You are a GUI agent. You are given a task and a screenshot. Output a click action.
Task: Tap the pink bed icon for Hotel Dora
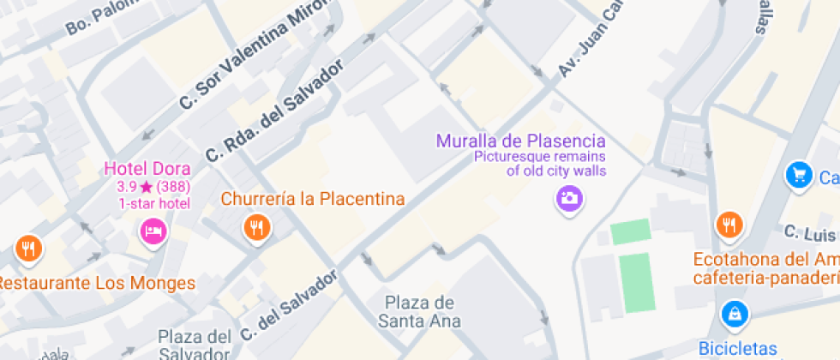(x=153, y=230)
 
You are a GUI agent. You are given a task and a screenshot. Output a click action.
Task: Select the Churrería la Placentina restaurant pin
(x=256, y=227)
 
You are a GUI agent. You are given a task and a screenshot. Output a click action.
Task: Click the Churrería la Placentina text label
(x=313, y=199)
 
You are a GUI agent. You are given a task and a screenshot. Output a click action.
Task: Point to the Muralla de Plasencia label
(x=521, y=141)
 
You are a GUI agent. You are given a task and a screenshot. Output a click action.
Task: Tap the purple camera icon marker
(x=567, y=200)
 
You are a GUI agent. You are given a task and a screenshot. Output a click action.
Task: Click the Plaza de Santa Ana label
(x=419, y=312)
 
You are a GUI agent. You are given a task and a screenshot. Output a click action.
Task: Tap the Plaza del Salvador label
(x=195, y=345)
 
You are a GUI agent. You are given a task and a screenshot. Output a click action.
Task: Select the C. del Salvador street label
(x=290, y=305)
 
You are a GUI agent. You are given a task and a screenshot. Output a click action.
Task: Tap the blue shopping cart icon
(x=799, y=175)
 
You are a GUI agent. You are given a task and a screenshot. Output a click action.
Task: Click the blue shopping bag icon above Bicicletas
(x=735, y=314)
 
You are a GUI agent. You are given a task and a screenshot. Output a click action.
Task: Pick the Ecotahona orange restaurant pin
(x=729, y=225)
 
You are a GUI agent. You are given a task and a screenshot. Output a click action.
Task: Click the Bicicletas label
(x=738, y=349)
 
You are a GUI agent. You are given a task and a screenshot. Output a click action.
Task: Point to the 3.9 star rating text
(x=128, y=186)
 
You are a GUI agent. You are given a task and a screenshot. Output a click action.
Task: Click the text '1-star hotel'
(x=154, y=203)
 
